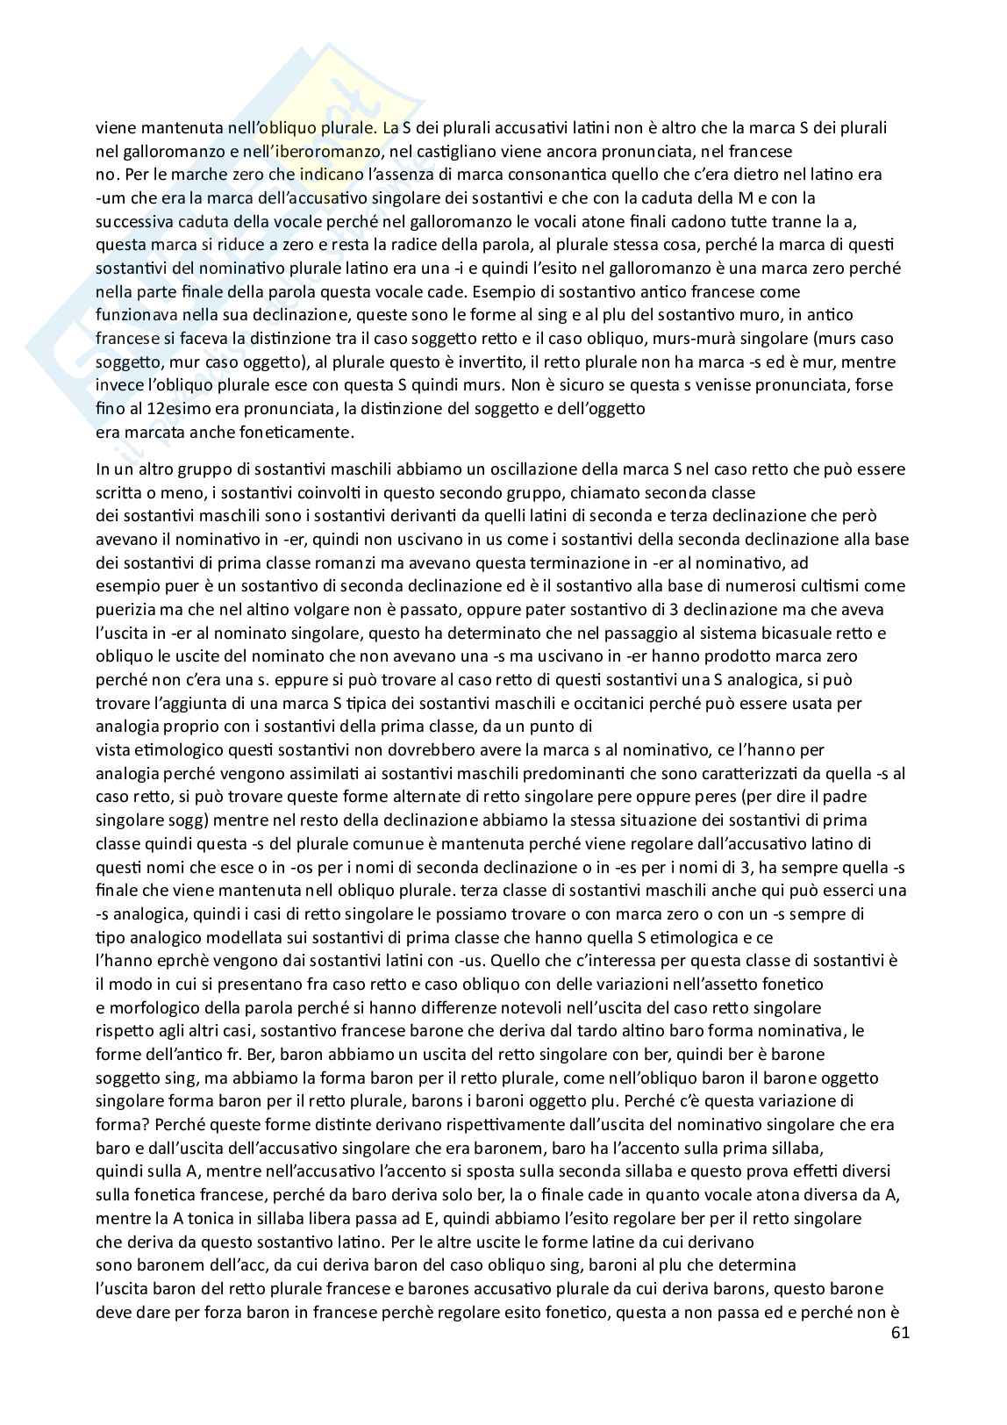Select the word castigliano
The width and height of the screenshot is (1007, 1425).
[x=450, y=152]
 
